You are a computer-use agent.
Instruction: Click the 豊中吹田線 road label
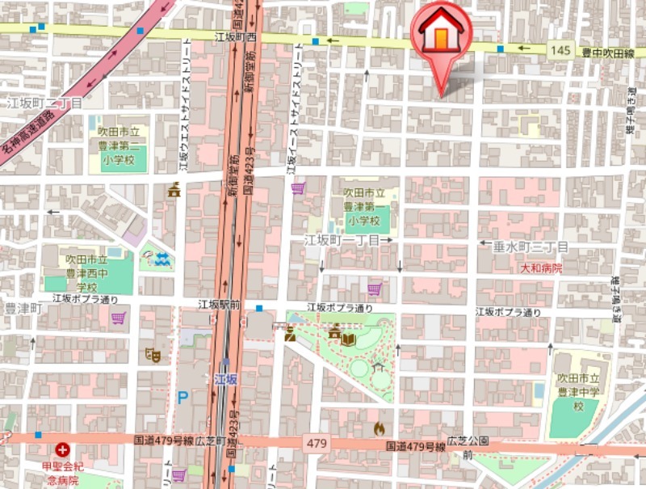pyautogui.click(x=607, y=53)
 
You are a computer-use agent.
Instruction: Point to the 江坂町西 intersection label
pyautogui.click(x=235, y=37)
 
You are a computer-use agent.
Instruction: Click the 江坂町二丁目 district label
pyautogui.click(x=44, y=103)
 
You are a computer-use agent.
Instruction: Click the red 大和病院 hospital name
pyautogui.click(x=541, y=268)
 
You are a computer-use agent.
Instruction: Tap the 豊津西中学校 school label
pyautogui.click(x=86, y=273)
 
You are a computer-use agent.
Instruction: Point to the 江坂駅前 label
pyautogui.click(x=219, y=305)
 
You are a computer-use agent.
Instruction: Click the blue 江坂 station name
pyautogui.click(x=225, y=378)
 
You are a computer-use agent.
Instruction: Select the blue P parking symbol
pyautogui.click(x=182, y=397)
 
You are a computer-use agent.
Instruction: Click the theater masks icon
pyautogui.click(x=151, y=353)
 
